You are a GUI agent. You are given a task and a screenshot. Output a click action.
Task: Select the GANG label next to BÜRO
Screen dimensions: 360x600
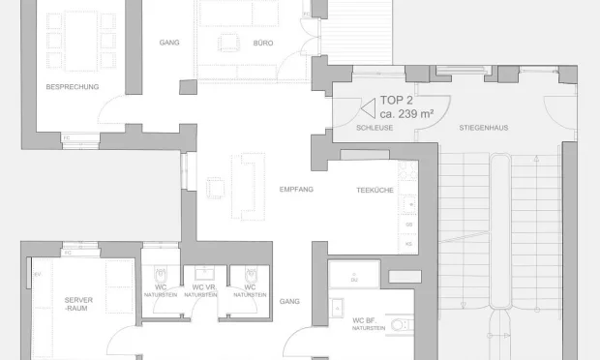coord(169,43)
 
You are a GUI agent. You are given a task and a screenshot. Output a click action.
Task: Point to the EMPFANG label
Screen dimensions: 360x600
coord(295,189)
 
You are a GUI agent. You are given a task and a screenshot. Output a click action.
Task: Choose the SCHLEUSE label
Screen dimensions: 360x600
coord(375,128)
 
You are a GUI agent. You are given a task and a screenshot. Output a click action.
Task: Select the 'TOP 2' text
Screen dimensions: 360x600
coord(397,101)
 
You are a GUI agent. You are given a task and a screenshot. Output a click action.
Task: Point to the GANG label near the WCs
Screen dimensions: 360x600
coord(289,302)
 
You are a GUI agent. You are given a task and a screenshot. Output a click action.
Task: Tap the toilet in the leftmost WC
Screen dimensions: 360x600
coord(161,274)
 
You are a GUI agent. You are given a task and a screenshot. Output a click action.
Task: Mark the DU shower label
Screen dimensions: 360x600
coord(354,279)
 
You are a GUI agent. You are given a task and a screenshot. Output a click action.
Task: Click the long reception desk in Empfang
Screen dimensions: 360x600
coord(254,185)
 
